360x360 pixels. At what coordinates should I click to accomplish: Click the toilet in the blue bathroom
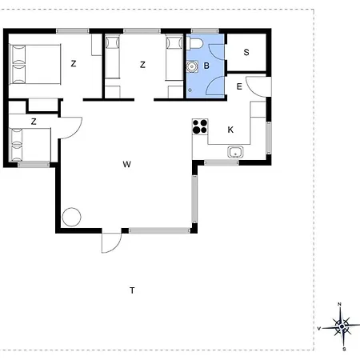point(194,43)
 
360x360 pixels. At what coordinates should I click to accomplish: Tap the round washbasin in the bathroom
point(192,66)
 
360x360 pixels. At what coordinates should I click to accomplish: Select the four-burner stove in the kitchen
point(200,126)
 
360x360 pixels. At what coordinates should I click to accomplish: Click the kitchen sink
point(235,152)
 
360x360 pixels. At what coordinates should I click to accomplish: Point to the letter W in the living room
point(127,164)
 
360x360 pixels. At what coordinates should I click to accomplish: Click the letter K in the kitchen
point(230,130)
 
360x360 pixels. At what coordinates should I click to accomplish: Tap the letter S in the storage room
point(246,52)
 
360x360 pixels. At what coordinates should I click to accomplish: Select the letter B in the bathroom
point(206,66)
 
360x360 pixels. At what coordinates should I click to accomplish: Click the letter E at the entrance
point(239,86)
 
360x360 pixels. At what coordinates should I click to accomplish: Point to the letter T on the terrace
point(132,290)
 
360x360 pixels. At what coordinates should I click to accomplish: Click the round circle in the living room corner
point(71,217)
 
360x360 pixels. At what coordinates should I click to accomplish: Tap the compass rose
point(342,326)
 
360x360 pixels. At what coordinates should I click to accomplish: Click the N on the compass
point(339,304)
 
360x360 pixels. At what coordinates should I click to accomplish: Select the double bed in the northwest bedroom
point(35,64)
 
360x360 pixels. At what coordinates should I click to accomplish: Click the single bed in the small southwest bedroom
point(30,145)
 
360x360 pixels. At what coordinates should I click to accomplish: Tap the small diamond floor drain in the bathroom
point(190,90)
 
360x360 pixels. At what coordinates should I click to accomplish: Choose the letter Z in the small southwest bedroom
point(34,122)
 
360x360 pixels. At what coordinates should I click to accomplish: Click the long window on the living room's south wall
point(159,230)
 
